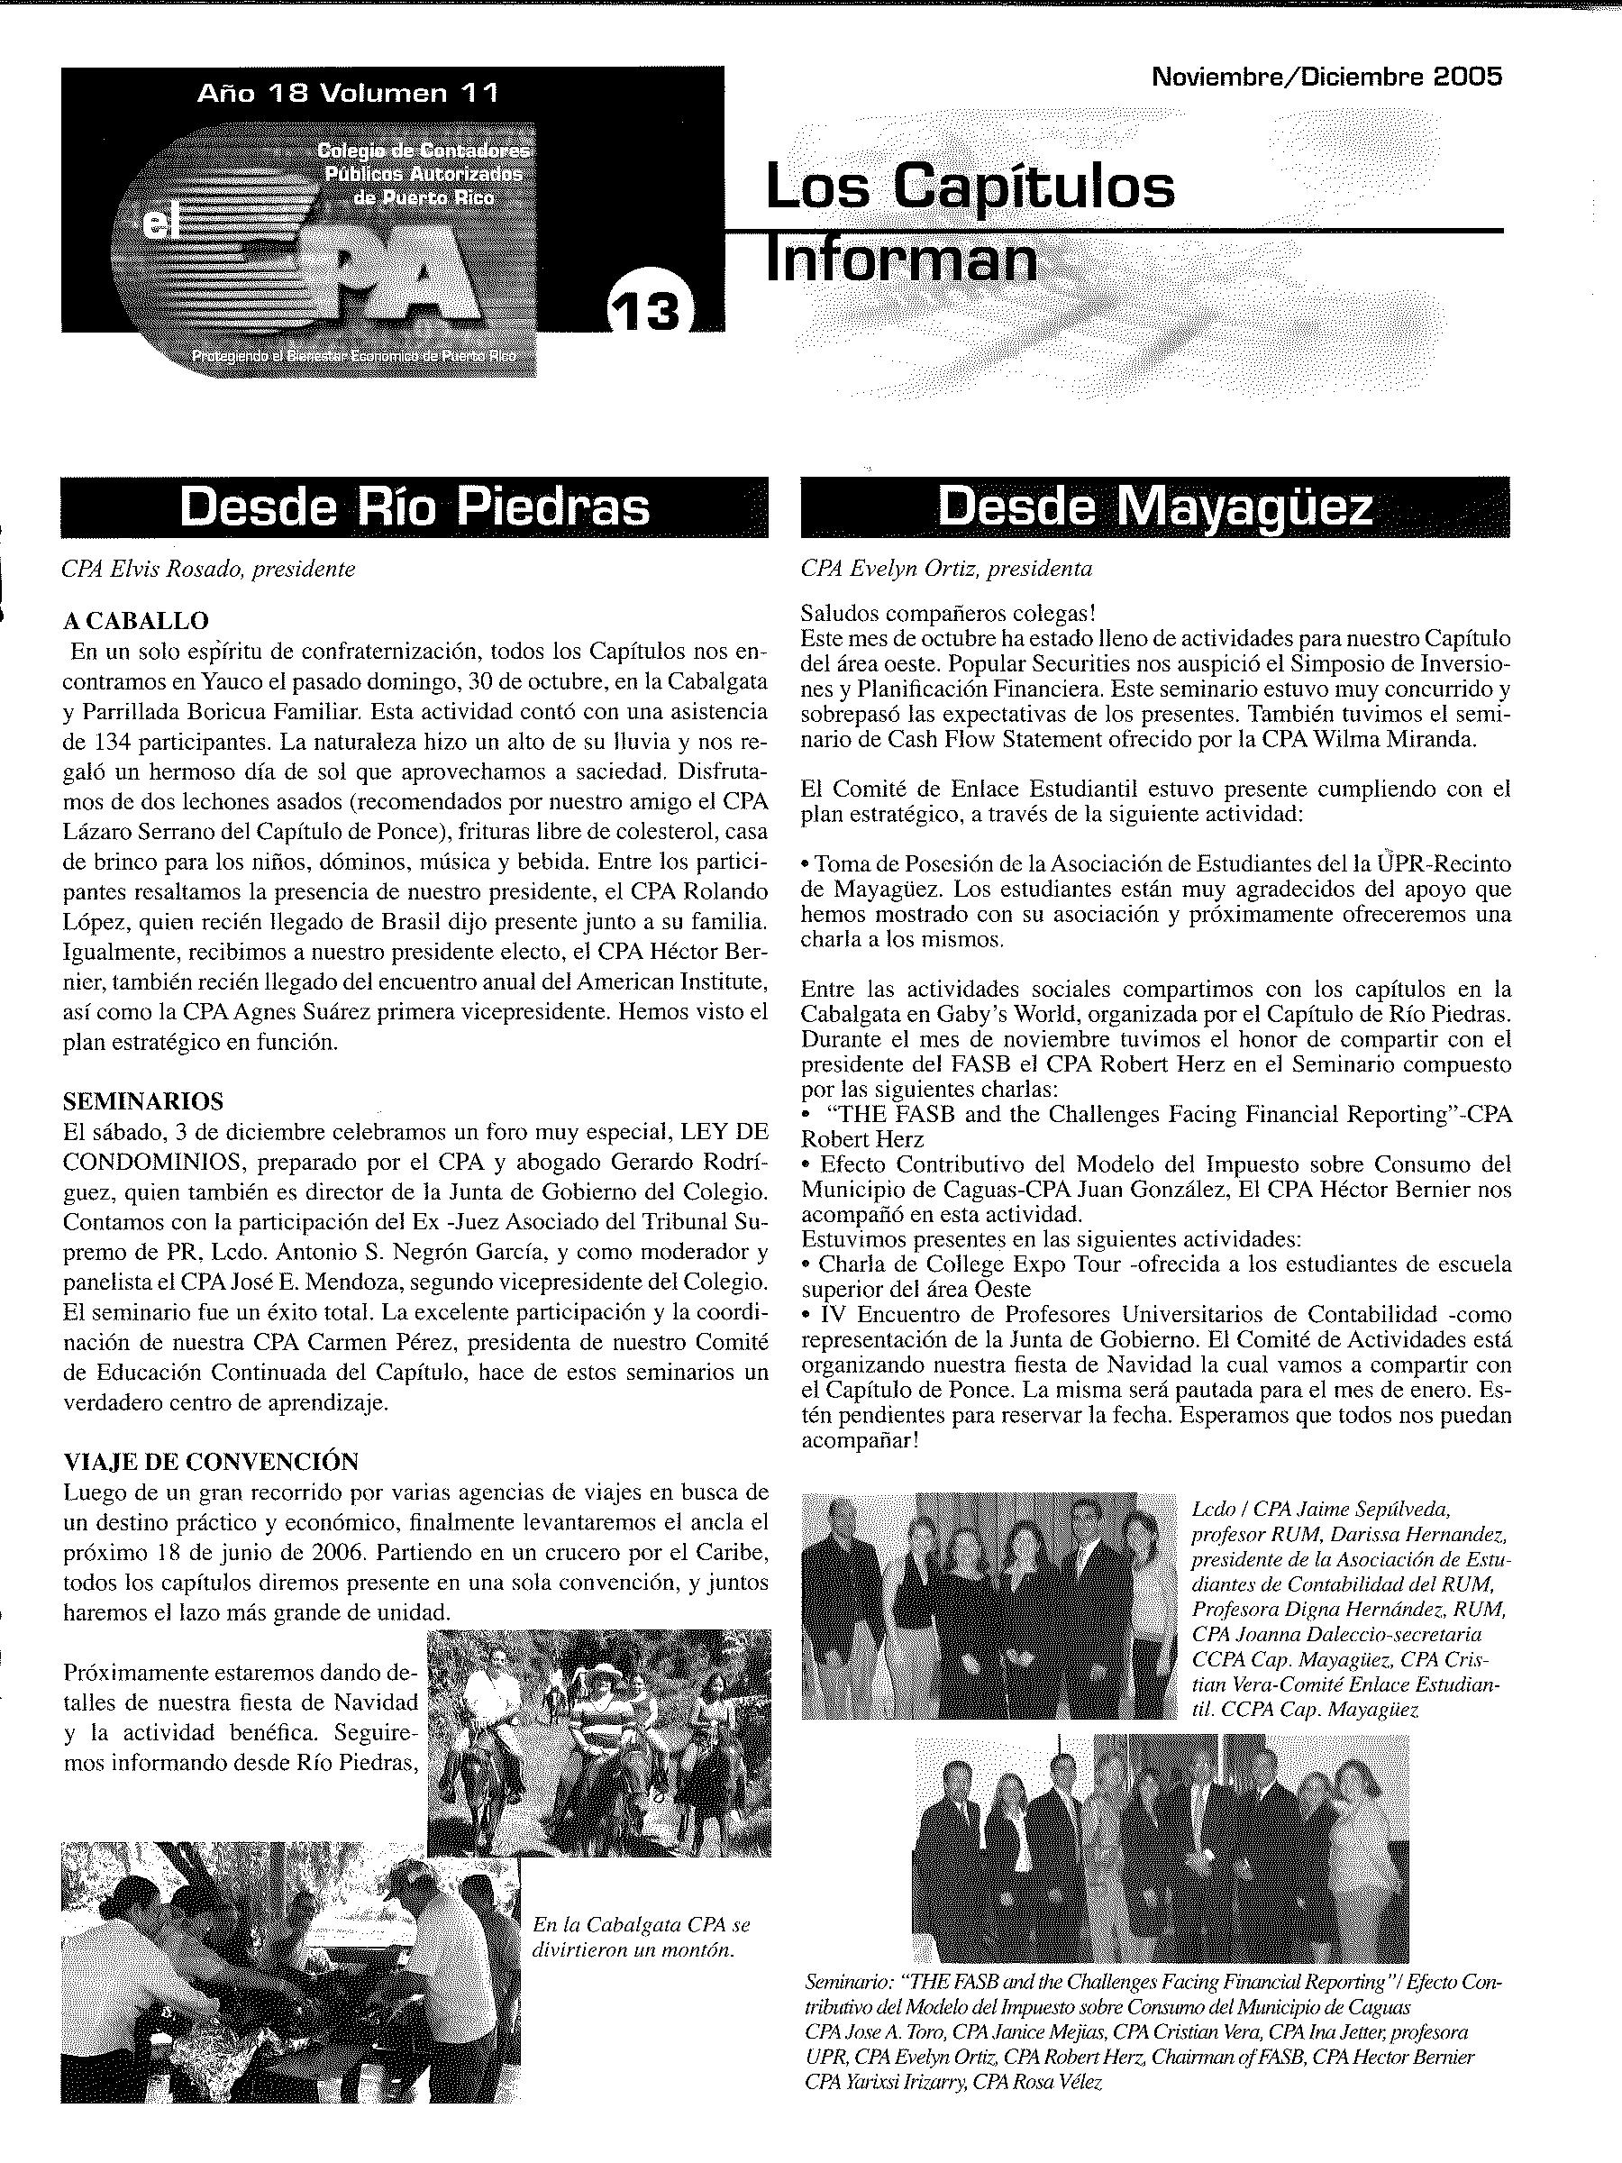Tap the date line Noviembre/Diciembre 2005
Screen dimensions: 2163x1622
(x=1326, y=78)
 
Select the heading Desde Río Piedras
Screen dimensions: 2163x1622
(x=414, y=507)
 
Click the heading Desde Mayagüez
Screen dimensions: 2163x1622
(x=1154, y=507)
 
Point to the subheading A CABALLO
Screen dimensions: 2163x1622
(x=136, y=620)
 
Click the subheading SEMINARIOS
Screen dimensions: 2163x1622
(x=143, y=1101)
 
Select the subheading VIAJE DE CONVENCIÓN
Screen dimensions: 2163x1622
(x=211, y=1461)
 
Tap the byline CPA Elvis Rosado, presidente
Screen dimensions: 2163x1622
(x=208, y=568)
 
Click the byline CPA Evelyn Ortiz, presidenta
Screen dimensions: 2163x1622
(x=946, y=568)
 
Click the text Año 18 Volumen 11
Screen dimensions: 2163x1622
(x=348, y=93)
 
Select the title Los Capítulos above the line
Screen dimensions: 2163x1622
(x=970, y=187)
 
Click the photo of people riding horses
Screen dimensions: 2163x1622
(x=599, y=1741)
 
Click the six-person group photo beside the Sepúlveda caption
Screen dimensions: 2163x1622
(x=989, y=1603)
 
